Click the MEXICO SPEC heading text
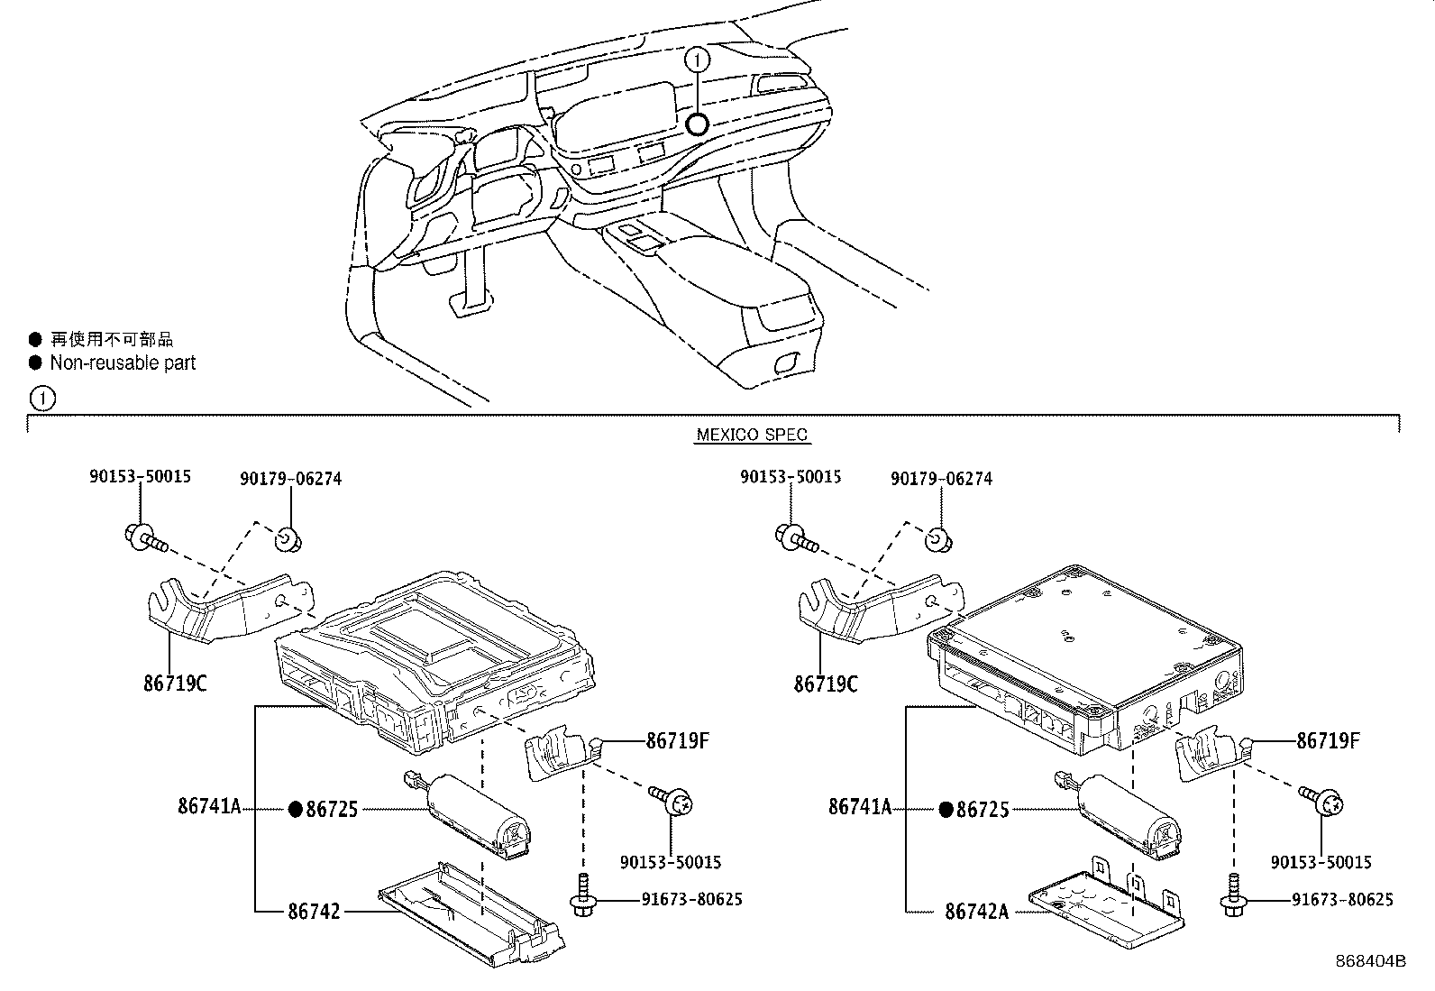(753, 435)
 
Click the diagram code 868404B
(1370, 961)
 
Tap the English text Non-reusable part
(123, 362)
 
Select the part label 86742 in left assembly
(315, 911)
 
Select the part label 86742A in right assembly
(977, 911)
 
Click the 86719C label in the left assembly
(175, 684)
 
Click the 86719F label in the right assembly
(1328, 741)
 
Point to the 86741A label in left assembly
(209, 807)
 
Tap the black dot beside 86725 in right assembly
(946, 809)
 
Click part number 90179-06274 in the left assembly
(291, 479)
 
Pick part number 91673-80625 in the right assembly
(1342, 899)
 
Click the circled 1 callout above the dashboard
(698, 60)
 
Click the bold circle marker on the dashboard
(696, 124)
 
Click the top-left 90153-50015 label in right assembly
(791, 477)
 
